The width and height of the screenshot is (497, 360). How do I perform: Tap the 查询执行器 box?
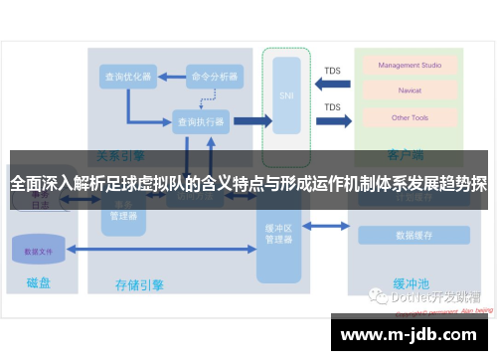[201, 121]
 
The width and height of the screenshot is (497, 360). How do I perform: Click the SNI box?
[287, 96]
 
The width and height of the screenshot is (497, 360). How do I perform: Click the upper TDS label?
[332, 71]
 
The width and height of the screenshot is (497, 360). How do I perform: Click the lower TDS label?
[332, 106]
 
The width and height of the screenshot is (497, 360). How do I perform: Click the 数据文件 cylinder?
[39, 251]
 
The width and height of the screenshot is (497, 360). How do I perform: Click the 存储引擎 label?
[139, 284]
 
